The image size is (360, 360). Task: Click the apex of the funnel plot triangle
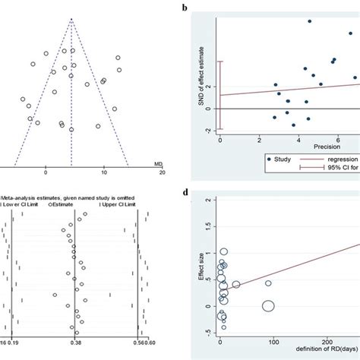coord(71,18)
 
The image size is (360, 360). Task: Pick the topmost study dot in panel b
coord(309,21)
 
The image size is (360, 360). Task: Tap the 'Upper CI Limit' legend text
coord(125,203)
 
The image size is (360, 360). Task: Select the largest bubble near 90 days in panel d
coord(268,305)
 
